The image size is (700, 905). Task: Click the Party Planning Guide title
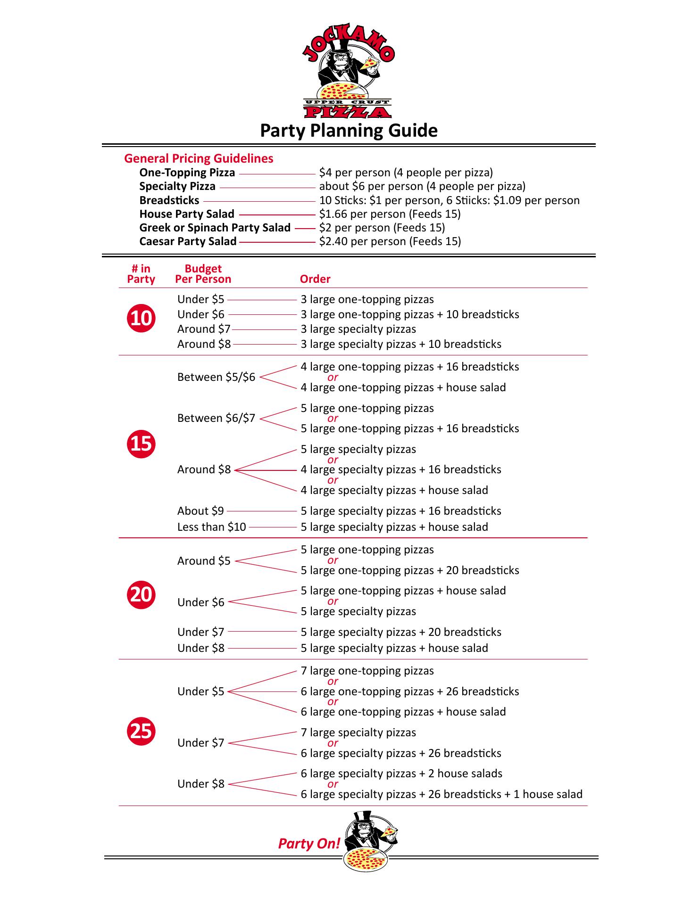click(349, 131)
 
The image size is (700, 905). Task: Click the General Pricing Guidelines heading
click(199, 158)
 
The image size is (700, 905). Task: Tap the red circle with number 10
click(141, 318)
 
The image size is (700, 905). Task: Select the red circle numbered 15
click(141, 444)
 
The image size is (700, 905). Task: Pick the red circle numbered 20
click(141, 594)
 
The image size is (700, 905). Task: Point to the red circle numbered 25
click(141, 731)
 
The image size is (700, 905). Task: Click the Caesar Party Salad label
click(188, 241)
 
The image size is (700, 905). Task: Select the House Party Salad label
click(187, 214)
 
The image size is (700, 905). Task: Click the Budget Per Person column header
click(203, 274)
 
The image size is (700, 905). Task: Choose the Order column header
click(315, 279)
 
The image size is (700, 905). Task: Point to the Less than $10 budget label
click(212, 527)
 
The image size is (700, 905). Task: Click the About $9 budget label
click(200, 511)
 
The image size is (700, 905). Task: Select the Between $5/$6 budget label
click(216, 377)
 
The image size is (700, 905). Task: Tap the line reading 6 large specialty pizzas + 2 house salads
click(401, 773)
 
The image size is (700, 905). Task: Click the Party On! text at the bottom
click(309, 843)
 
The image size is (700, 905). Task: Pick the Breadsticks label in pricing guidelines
click(169, 200)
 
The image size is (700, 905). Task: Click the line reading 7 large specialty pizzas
click(358, 732)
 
